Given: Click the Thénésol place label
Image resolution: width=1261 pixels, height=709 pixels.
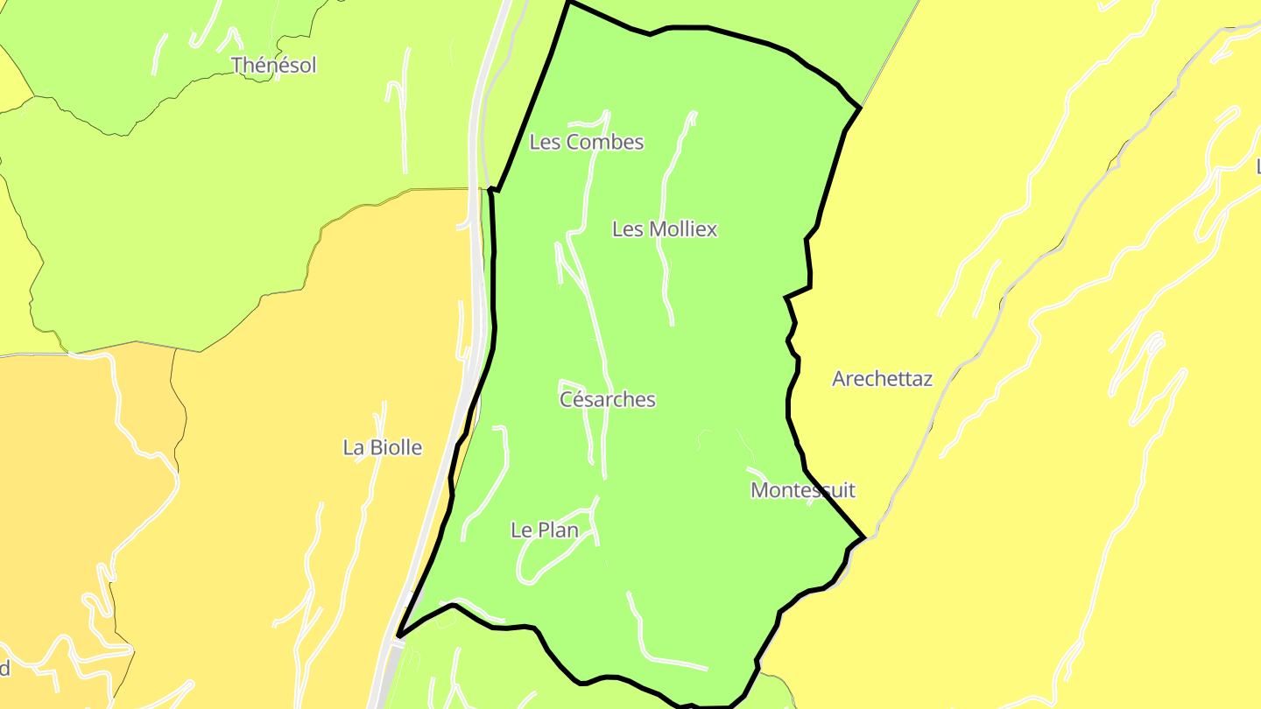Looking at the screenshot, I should coord(273,65).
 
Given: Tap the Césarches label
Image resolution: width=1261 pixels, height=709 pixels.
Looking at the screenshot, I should coord(607,399).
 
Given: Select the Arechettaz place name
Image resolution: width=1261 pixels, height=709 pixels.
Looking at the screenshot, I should coord(882,379).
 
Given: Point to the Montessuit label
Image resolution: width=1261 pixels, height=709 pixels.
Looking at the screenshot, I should coord(802,490).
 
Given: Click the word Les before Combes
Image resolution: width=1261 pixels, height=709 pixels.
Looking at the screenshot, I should coord(545,142).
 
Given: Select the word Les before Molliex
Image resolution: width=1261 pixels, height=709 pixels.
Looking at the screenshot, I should coord(627,229).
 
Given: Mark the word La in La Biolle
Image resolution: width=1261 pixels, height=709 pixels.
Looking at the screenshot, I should coord(353,447).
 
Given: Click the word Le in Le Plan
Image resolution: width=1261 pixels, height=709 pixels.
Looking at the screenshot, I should coord(520,530).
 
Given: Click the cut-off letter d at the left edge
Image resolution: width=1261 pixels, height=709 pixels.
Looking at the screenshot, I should coord(4,669).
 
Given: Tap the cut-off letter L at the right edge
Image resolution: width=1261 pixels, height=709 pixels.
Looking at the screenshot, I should coord(1257,165).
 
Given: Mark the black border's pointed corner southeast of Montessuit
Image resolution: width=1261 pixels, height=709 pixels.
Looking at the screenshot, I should coord(863,537).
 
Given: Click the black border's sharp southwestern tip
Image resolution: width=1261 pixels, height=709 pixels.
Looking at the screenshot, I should coord(398,635).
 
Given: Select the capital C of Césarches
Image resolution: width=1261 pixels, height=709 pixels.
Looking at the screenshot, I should coord(567,399).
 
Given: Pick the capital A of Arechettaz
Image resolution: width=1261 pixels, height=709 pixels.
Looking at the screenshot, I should coord(839,379).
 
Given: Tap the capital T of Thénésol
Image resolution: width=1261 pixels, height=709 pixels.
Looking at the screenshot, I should coord(237,65).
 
